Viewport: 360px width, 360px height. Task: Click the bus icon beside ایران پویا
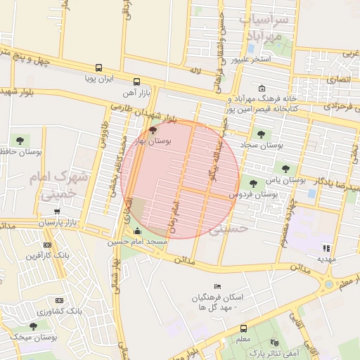(x=98, y=69)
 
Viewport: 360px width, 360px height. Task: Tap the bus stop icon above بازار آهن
(x=136, y=82)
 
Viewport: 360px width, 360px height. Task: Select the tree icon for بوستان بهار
(x=153, y=130)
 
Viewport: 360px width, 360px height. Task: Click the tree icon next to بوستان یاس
(x=285, y=168)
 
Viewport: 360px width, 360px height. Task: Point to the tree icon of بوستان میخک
(x=33, y=326)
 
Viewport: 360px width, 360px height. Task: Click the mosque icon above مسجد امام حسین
(x=136, y=231)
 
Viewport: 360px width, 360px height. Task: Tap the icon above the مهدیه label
(x=326, y=248)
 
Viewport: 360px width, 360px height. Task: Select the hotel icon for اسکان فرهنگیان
(x=217, y=286)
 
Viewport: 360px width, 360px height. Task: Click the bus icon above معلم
(x=243, y=328)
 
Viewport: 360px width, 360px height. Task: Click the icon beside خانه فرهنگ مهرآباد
(x=262, y=89)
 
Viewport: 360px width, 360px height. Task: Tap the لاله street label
(x=195, y=70)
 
